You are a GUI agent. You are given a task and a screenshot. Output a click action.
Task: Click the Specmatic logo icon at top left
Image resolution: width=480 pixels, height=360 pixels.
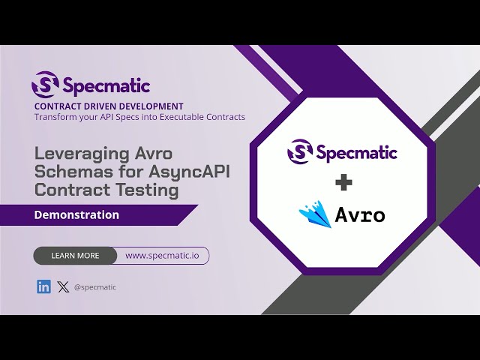(x=44, y=85)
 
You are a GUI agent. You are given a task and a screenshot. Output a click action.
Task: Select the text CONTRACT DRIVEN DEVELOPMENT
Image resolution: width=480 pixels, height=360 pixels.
(x=109, y=106)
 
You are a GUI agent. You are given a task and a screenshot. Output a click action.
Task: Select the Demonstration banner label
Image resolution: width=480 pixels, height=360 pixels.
(x=76, y=214)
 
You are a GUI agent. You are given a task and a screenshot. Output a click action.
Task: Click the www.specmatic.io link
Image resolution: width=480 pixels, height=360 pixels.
(x=162, y=256)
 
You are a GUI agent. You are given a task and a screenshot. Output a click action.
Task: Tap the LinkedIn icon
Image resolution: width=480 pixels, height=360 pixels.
(x=43, y=286)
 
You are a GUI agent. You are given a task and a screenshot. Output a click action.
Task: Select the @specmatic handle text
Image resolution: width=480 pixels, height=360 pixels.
(x=95, y=287)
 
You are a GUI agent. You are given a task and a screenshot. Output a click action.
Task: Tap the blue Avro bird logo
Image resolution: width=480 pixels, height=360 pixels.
(x=315, y=214)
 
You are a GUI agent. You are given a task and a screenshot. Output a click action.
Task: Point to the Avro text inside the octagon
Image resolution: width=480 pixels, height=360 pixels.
(x=360, y=216)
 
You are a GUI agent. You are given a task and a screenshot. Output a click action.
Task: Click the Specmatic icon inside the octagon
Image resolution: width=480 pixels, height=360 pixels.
(x=300, y=152)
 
